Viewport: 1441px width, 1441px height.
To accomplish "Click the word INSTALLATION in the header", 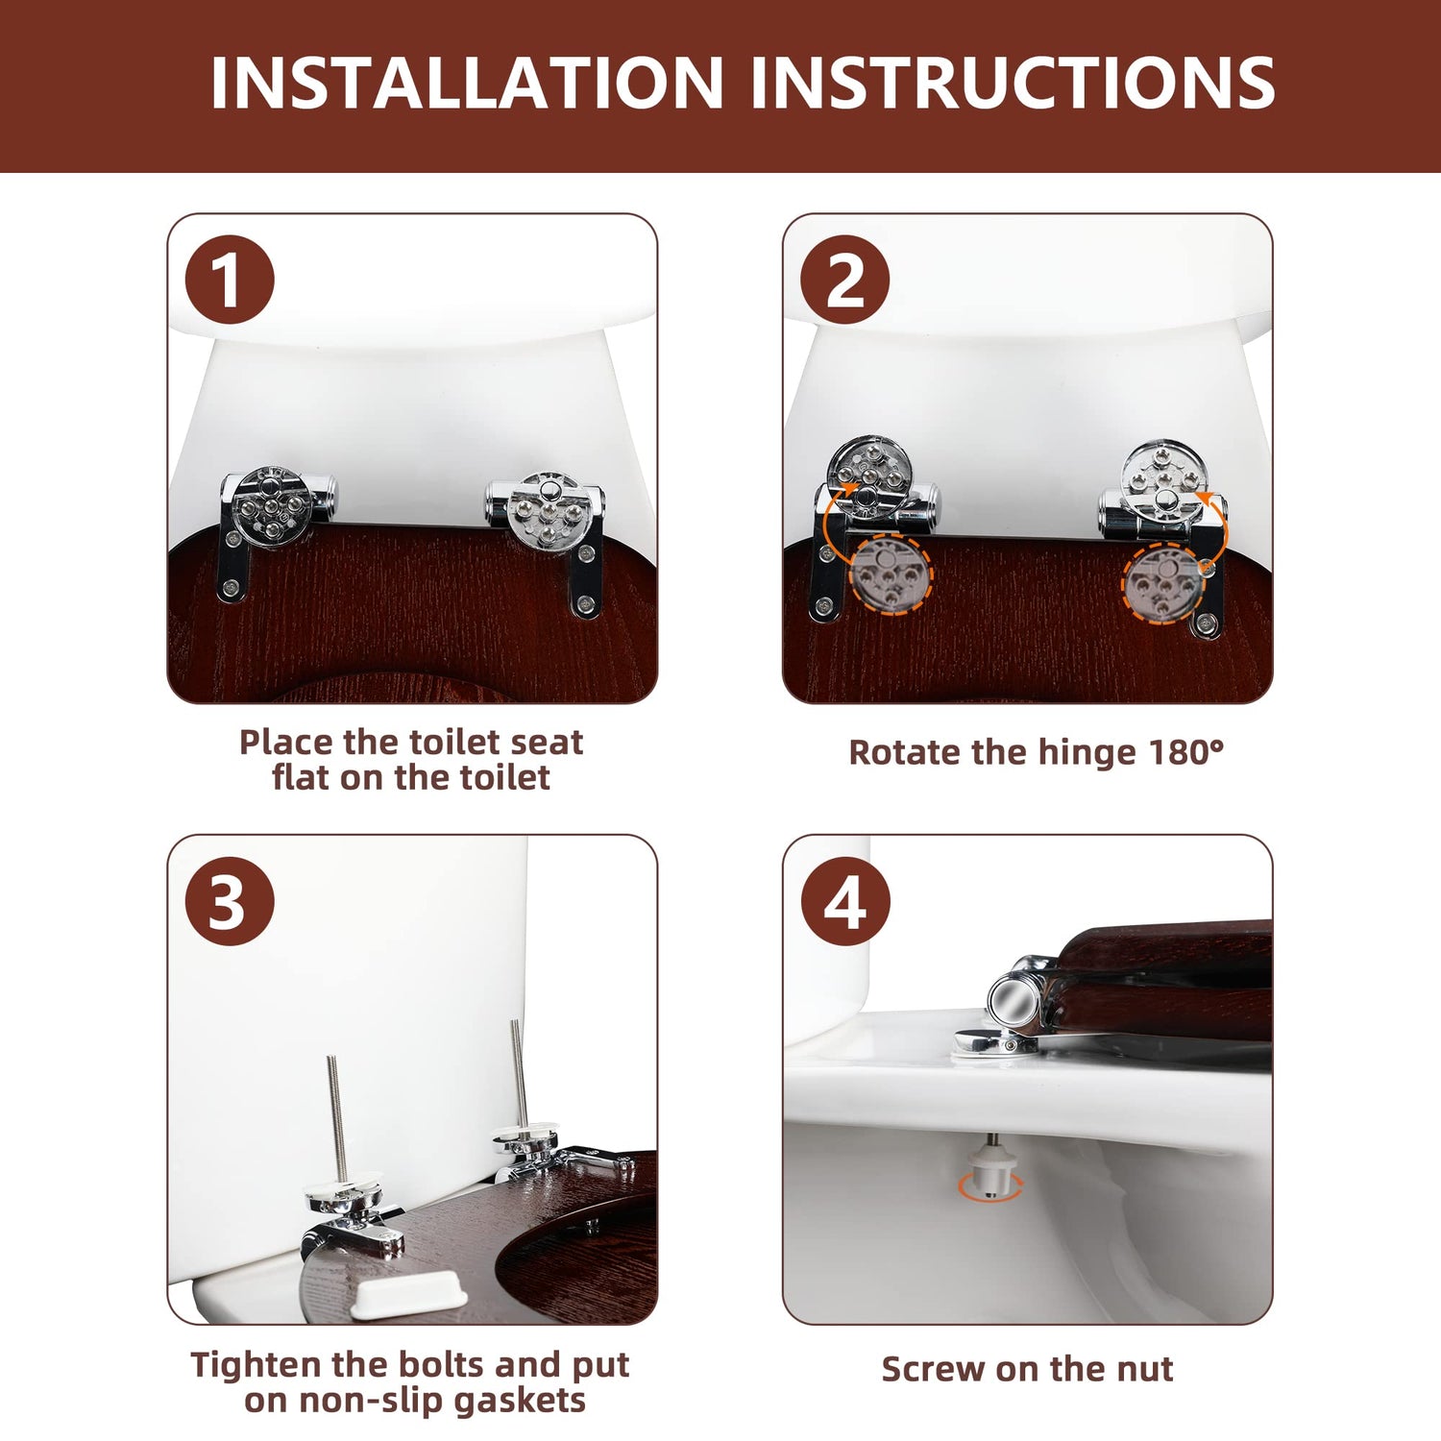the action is click(467, 83).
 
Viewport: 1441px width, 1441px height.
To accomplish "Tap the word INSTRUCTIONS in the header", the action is click(1013, 83).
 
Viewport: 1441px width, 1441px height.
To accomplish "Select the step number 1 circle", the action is click(230, 280).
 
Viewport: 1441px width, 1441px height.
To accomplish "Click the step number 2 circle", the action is click(844, 280).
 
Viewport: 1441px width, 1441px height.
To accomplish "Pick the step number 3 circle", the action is click(230, 901).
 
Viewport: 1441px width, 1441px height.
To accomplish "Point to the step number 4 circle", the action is click(844, 901).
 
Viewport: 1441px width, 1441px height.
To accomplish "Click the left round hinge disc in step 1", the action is click(272, 506).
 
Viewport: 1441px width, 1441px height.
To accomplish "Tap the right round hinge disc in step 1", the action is click(546, 511).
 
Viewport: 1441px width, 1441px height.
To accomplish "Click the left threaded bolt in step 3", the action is click(337, 1115).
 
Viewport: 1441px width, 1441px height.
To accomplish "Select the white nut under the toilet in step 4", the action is click(989, 1165).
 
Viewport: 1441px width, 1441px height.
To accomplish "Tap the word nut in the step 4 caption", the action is click(1144, 1369).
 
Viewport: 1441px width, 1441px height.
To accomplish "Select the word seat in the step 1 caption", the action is click(547, 743).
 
